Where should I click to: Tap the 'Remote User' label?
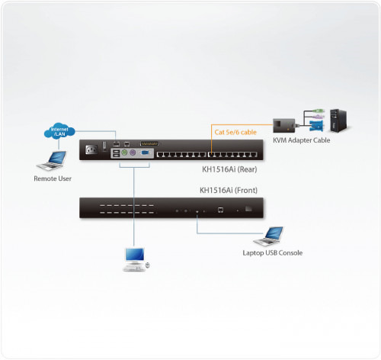pos(52,179)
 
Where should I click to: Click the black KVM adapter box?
pos(284,123)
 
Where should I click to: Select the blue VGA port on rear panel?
pos(146,153)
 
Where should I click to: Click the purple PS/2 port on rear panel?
pos(133,153)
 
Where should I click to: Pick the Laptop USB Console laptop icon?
pos(273,236)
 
